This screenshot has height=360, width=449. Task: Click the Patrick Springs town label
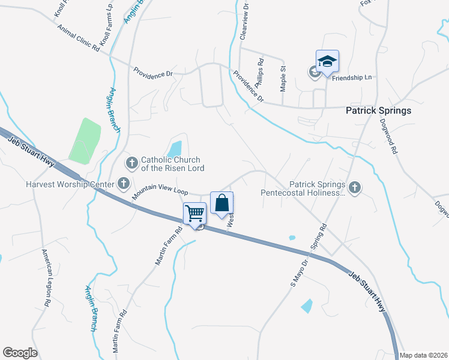378,110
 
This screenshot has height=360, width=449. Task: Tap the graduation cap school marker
327,62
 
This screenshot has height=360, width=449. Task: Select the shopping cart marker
194,213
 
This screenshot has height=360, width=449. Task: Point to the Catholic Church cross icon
131,162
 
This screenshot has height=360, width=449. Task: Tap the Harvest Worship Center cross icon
124,182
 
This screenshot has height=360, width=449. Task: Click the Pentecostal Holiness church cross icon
355,188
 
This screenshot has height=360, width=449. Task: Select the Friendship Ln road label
352,78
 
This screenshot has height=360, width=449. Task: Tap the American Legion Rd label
46,278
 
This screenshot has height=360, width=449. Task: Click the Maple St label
283,79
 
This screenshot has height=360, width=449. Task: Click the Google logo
20,353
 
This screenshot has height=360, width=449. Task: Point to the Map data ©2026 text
423,355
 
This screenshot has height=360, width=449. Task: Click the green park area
84,141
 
